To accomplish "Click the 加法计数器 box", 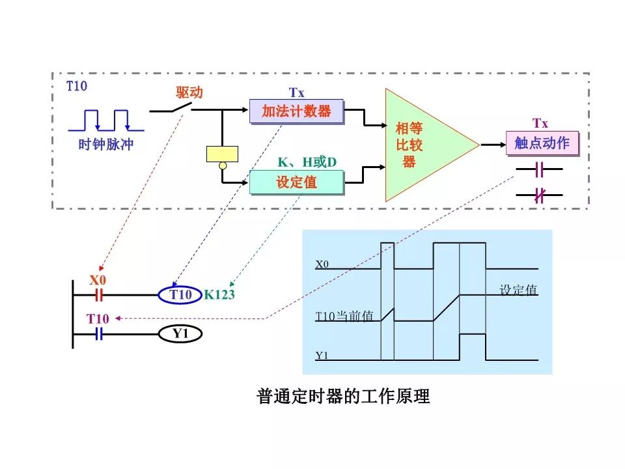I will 296,111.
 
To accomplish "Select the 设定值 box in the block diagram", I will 296,182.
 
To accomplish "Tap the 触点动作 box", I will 542,143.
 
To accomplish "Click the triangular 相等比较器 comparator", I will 423,145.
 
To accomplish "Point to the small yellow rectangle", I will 222,154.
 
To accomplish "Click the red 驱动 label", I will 189,93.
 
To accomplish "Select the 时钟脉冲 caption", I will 105,145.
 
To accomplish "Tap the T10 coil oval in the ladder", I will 180,295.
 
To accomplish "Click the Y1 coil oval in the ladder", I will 180,334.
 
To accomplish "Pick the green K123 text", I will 219,295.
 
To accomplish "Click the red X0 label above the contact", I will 97,281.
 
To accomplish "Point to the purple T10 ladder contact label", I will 98,319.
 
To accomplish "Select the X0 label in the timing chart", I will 322,264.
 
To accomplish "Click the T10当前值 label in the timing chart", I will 344,317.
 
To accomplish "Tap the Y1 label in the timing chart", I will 322,356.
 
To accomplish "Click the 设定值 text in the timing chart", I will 518,290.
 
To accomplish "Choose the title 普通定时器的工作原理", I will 344,396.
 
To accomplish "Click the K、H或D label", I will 307,162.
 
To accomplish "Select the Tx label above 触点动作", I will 540,123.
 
